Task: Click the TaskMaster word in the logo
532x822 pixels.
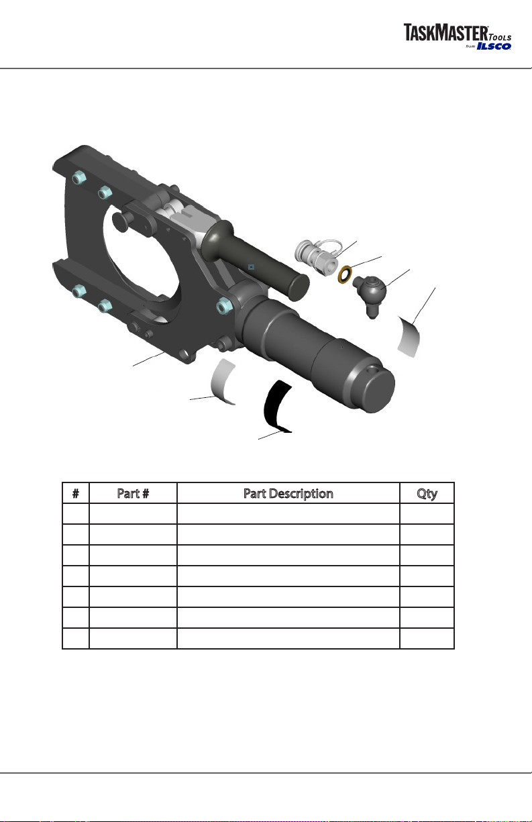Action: (x=445, y=32)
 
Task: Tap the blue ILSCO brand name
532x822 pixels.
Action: (x=494, y=46)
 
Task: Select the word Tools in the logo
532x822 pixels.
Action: (x=500, y=37)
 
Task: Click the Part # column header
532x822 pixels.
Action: (x=133, y=493)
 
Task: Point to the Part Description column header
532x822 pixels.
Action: (x=288, y=494)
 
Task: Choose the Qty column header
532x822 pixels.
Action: (x=427, y=494)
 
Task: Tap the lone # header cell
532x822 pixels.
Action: (x=76, y=493)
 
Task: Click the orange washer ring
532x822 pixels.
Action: (x=345, y=275)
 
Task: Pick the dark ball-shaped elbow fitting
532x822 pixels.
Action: (x=371, y=294)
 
